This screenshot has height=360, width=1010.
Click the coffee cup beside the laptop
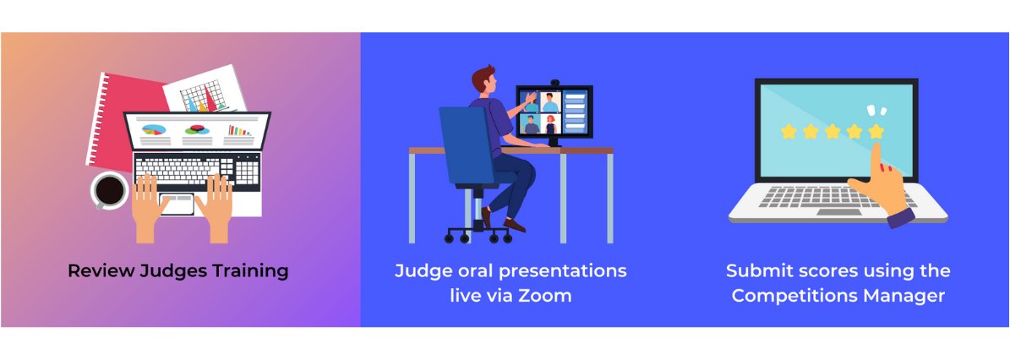click(110, 190)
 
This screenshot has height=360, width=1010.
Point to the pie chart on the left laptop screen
click(153, 128)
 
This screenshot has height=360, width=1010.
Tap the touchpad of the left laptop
click(177, 204)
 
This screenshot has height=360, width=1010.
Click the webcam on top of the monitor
click(554, 84)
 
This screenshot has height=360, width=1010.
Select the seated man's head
click(484, 79)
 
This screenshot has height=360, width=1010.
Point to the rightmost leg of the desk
click(609, 198)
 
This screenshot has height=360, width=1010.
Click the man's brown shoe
click(514, 225)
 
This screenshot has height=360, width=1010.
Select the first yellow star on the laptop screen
click(789, 131)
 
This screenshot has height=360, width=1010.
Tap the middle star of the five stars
click(833, 131)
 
